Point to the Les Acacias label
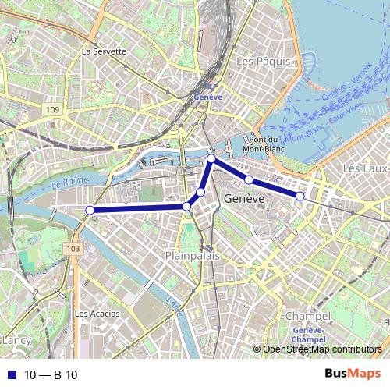(97, 314)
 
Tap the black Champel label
(303, 316)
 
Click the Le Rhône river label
(68, 185)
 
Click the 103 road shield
(73, 248)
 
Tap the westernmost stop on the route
(90, 210)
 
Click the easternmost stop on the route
(300, 196)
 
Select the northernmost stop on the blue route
(211, 158)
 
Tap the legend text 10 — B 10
(51, 375)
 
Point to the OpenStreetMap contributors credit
(323, 349)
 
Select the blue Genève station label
(206, 97)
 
